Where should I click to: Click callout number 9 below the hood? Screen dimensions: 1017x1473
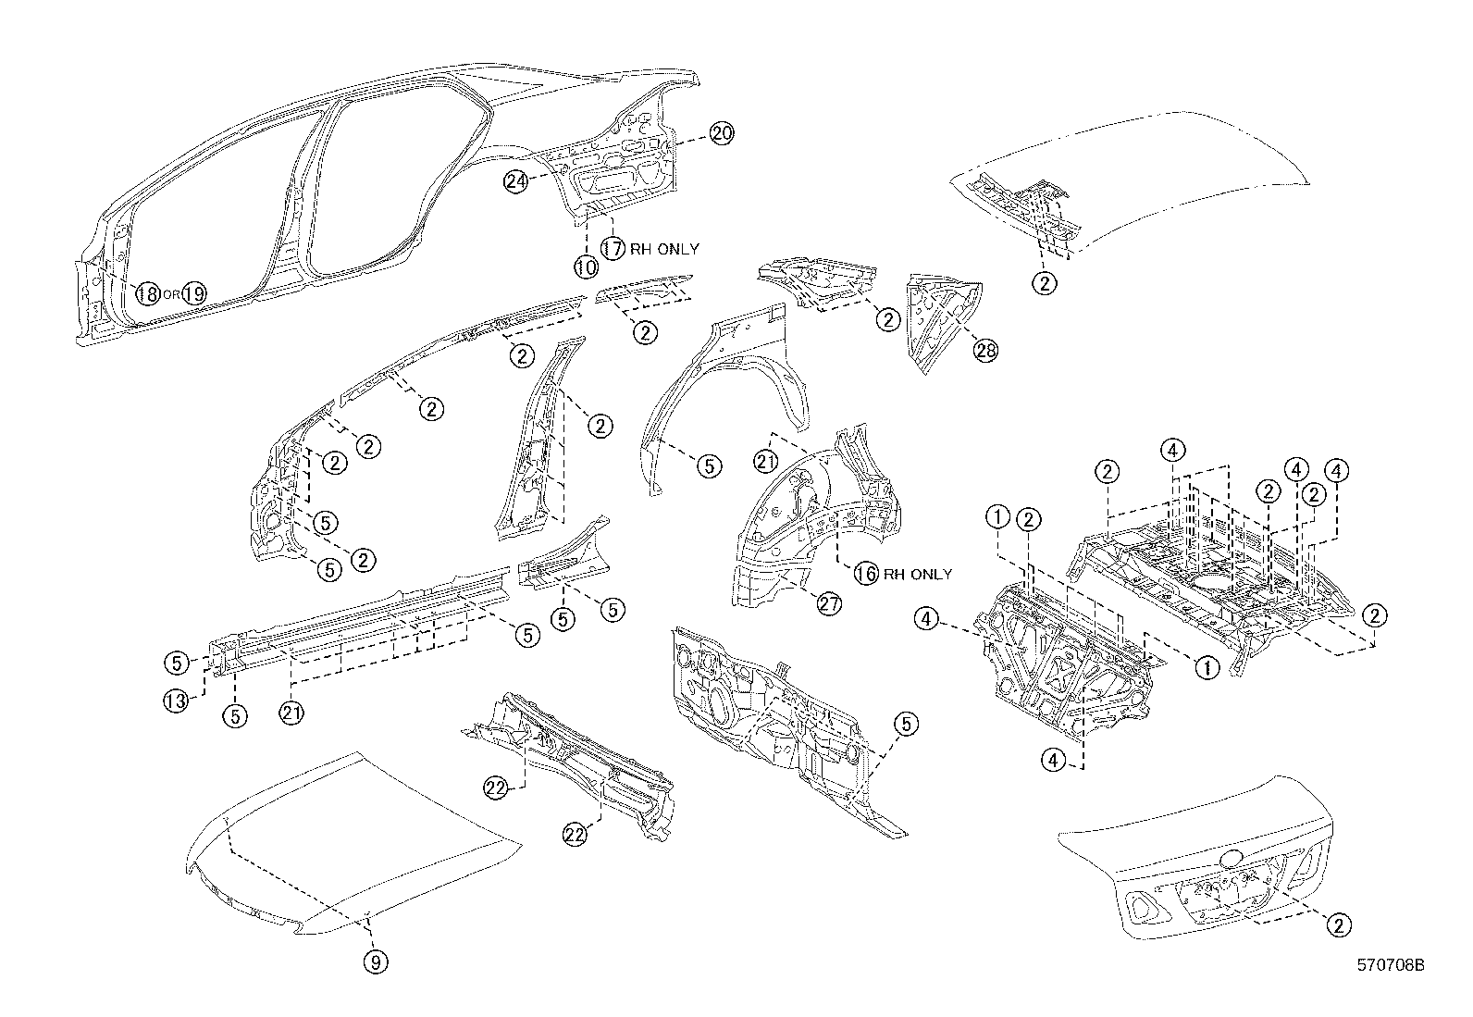coord(375,962)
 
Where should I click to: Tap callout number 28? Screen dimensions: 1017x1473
coord(986,350)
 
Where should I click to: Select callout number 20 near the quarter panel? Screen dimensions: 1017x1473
coord(722,133)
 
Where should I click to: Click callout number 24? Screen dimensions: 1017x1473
coord(516,181)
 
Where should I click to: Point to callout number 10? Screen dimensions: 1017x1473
coord(586,267)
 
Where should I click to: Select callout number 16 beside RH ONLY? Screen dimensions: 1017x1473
coord(866,574)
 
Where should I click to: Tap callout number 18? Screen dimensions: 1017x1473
coord(147,294)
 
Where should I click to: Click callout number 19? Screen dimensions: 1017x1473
coord(193,294)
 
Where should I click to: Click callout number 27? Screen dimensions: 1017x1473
coord(829,603)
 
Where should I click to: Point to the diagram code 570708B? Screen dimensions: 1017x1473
coord(1389,965)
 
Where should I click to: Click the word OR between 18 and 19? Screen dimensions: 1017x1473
coord(170,294)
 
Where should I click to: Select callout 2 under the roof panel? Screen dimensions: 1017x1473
coord(1045,283)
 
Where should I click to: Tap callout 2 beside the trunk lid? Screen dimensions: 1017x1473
coord(1338,924)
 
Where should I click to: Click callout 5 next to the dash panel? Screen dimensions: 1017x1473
coord(906,725)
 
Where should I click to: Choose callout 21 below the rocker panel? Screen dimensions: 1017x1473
coord(292,713)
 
